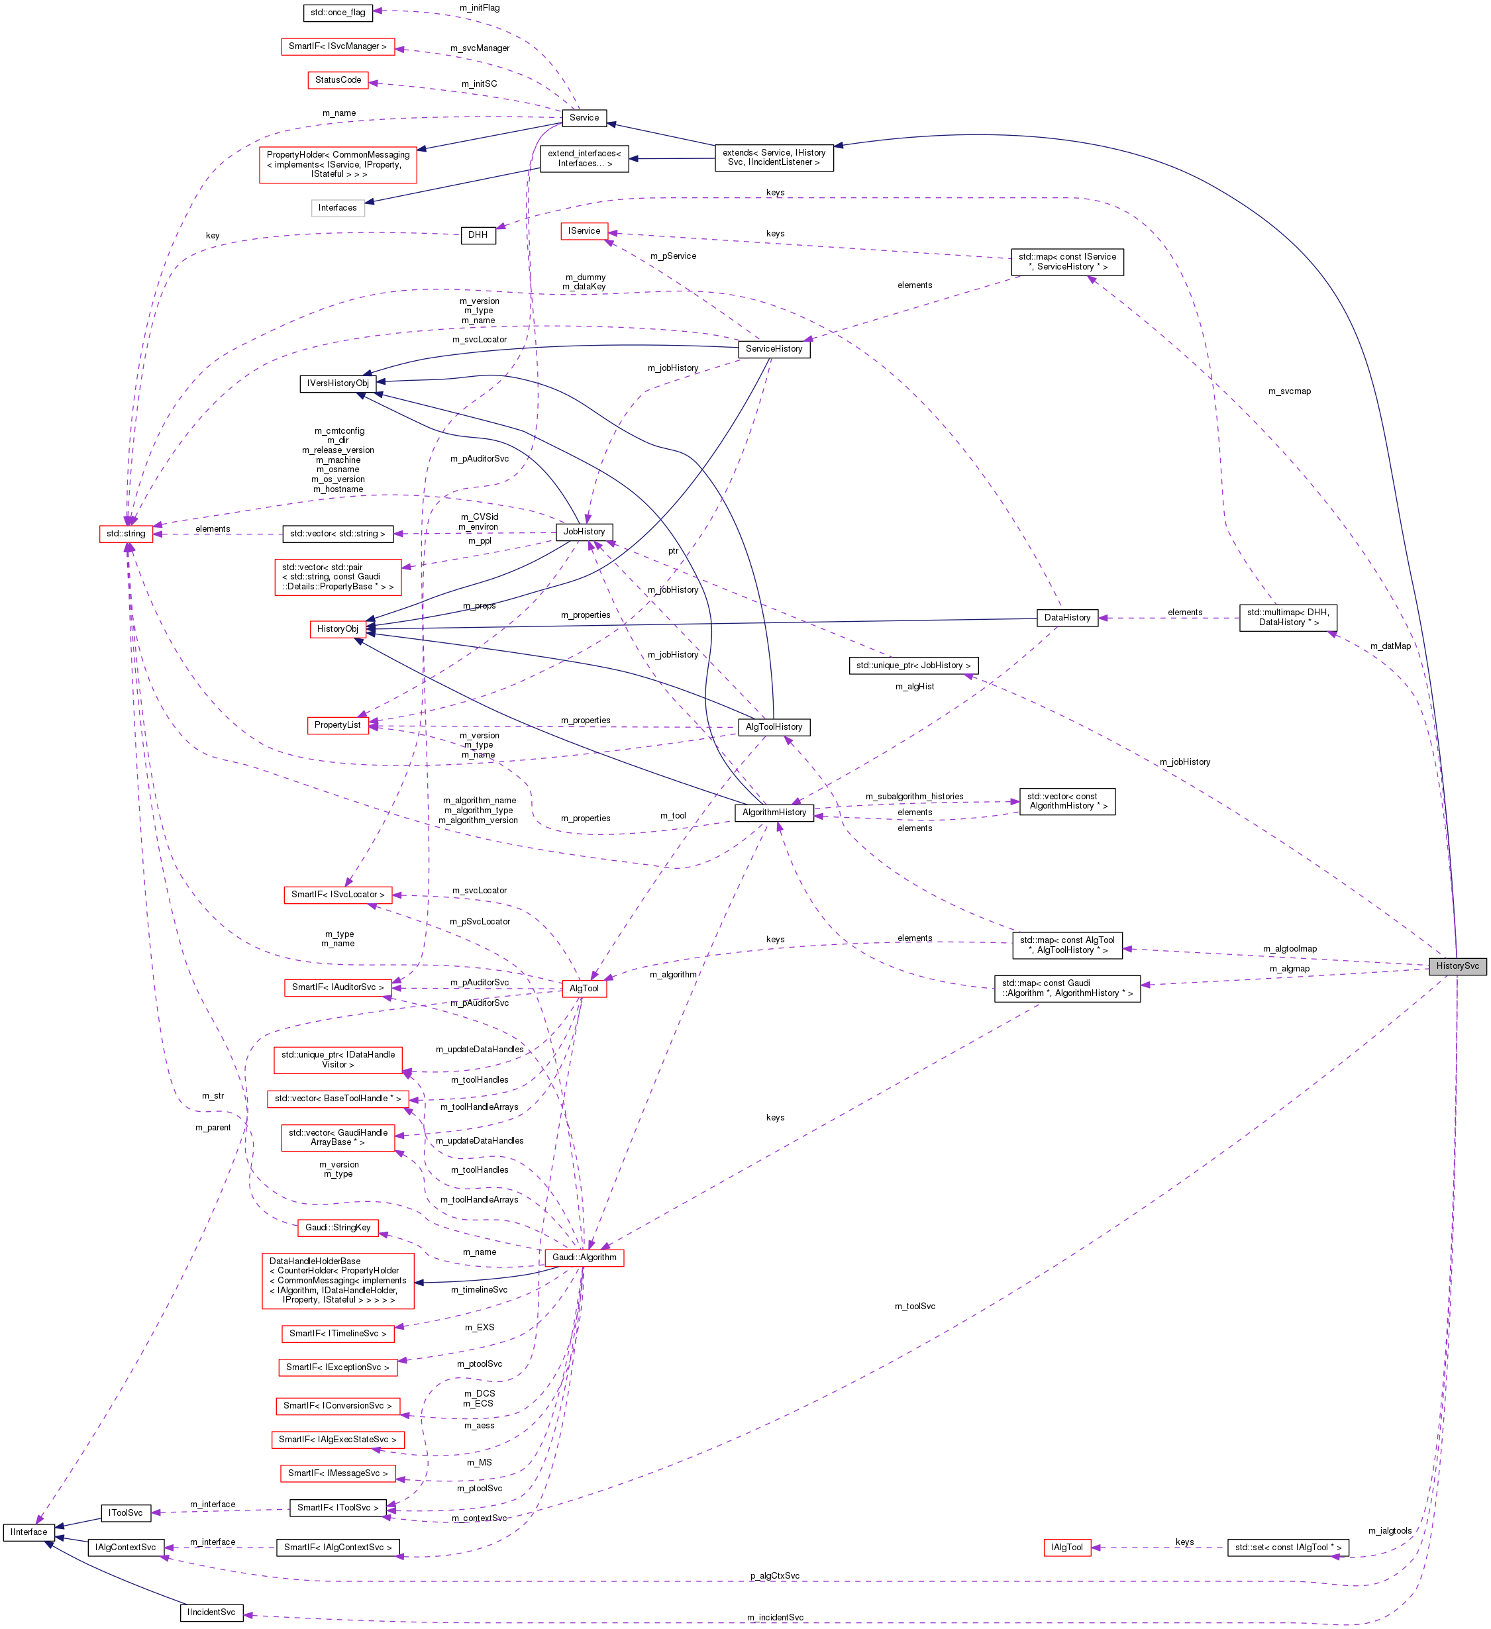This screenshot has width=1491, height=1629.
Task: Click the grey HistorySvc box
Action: pos(1457,965)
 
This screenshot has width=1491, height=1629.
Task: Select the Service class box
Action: pos(584,118)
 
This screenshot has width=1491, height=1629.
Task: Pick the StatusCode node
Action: pos(338,80)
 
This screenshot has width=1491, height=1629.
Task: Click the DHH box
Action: pos(478,235)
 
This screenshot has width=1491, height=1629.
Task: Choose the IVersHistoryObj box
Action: pos(338,383)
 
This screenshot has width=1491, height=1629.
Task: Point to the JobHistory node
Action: pos(584,532)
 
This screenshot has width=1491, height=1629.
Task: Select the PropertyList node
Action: pos(337,725)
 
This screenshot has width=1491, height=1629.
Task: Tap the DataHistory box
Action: pos(1066,617)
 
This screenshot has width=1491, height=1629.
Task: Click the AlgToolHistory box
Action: pos(774,727)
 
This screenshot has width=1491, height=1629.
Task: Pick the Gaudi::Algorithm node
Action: pos(584,1258)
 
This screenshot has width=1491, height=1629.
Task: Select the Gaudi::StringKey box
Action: pos(338,1228)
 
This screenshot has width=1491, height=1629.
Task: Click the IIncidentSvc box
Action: pos(211,1612)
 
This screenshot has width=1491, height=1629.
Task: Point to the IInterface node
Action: pos(28,1532)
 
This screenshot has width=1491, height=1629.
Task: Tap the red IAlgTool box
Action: pos(1066,1547)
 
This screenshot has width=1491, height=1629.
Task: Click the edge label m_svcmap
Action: pos(1289,391)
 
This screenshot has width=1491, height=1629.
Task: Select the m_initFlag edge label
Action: pos(479,8)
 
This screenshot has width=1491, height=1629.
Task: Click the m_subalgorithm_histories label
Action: pos(914,797)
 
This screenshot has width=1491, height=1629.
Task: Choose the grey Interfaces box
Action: pos(337,208)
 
